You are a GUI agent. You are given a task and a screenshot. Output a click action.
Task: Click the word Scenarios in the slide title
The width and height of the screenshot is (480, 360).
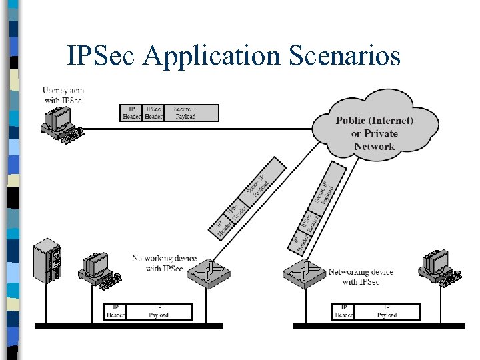pos(345,55)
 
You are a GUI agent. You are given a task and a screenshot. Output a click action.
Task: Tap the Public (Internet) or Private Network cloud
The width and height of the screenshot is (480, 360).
pos(375,132)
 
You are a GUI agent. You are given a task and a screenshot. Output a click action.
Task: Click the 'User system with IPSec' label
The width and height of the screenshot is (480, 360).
pos(63,95)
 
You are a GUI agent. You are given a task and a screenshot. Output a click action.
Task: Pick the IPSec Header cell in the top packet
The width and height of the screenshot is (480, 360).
pos(153,113)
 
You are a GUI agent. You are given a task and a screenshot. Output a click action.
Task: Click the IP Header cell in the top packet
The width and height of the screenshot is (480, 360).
pos(131,113)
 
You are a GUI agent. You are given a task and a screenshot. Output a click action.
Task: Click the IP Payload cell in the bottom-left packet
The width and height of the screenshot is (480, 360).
pos(159,311)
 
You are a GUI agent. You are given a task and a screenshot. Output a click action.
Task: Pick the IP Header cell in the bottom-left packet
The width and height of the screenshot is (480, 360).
pos(115,311)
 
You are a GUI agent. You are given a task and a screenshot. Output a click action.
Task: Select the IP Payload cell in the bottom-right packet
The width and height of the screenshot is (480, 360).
pos(387,311)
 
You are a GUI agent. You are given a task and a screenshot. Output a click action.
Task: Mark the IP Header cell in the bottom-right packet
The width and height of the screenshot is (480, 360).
pos(344,311)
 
